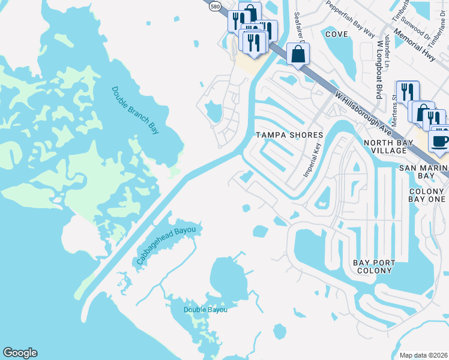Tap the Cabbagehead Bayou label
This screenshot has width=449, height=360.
(167, 245)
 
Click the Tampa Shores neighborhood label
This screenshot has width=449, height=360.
(290, 135)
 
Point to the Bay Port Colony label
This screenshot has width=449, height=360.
(374, 266)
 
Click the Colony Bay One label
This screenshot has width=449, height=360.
(427, 196)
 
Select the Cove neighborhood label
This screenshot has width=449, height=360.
(336, 34)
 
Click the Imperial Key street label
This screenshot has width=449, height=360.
(313, 160)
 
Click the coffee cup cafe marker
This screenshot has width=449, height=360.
(439, 141)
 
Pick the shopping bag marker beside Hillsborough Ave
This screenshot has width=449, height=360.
(298, 55)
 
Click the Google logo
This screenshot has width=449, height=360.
(20, 353)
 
